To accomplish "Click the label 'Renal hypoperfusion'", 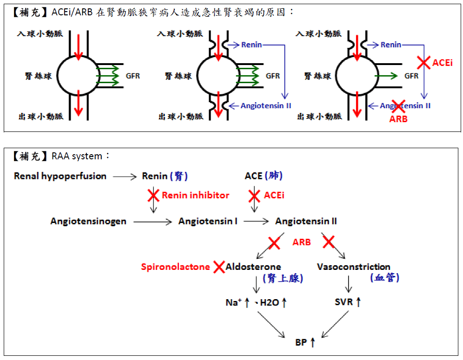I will (60, 176).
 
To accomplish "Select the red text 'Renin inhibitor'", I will (195, 195).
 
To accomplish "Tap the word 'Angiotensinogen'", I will (88, 221).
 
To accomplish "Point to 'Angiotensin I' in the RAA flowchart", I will (208, 221).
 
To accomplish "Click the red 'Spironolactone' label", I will (176, 267).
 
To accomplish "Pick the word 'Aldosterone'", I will (253, 267).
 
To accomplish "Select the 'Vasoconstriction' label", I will (353, 267).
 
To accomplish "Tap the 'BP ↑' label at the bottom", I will (305, 343).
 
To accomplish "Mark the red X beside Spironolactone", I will (219, 267).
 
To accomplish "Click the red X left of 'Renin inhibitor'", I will (153, 196).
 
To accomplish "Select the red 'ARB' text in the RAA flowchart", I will (301, 242).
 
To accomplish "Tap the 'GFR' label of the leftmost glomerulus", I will (132, 76).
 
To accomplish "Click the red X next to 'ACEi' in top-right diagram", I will (423, 62).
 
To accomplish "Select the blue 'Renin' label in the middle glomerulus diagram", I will (251, 45).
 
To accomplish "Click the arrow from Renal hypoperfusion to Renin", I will (124, 177).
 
